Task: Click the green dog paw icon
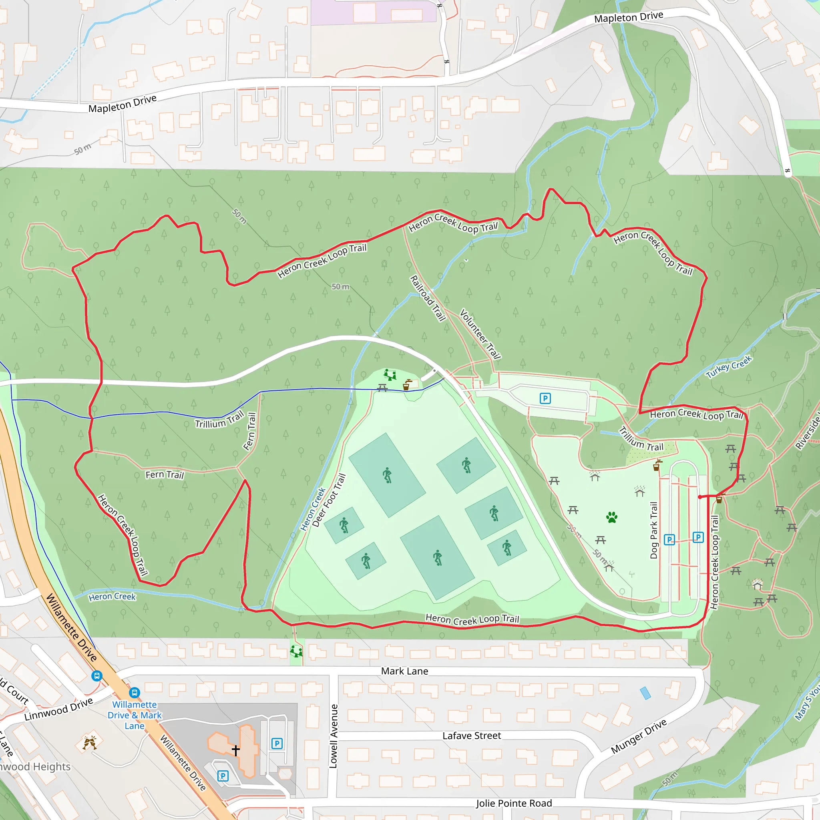[x=612, y=517]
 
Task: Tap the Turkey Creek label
[x=728, y=366]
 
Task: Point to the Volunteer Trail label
[x=480, y=334]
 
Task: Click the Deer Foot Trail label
[x=329, y=500]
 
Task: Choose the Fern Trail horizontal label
[x=165, y=474]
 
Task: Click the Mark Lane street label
[x=404, y=671]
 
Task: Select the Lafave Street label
[x=472, y=736]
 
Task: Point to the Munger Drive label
[x=638, y=737]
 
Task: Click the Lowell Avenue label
[x=334, y=736]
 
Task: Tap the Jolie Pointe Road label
[x=514, y=803]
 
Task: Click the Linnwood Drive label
[x=58, y=709]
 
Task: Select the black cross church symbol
[x=236, y=750]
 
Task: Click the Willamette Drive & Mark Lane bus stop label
[x=135, y=715]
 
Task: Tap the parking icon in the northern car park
[x=545, y=398]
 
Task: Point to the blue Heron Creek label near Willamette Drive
[x=112, y=597]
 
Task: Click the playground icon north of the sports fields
[x=390, y=375]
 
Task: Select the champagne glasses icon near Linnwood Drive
[x=90, y=743]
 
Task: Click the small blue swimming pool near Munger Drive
[x=645, y=693]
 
